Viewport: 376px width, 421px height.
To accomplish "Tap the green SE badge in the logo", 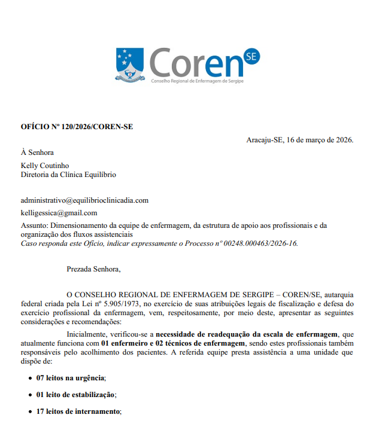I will pyautogui.click(x=251, y=57).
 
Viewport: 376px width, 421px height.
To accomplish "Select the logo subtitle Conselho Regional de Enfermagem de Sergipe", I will pyautogui.click(x=197, y=81).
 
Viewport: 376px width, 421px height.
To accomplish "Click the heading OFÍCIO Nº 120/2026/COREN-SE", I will pyautogui.click(x=77, y=127).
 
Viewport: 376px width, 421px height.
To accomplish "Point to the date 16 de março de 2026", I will pyautogui.click(x=320, y=140).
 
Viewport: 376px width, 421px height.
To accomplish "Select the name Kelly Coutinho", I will pyautogui.click(x=45, y=165).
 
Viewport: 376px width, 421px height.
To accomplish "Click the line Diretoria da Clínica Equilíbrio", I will pyautogui.click(x=68, y=175).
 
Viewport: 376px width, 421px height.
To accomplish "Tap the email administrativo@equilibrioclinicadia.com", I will pyautogui.click(x=84, y=200).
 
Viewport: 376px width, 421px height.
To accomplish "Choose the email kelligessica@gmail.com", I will pyautogui.click(x=59, y=213).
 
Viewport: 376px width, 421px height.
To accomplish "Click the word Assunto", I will pyautogui.click(x=34, y=225).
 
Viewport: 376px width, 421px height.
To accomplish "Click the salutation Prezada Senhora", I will pyautogui.click(x=93, y=269).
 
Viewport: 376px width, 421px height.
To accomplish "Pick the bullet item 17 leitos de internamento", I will pyautogui.click(x=78, y=411).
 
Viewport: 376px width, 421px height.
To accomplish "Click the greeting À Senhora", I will pyautogui.click(x=37, y=152).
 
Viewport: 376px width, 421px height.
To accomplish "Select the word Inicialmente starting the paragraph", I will pyautogui.click(x=87, y=333).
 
